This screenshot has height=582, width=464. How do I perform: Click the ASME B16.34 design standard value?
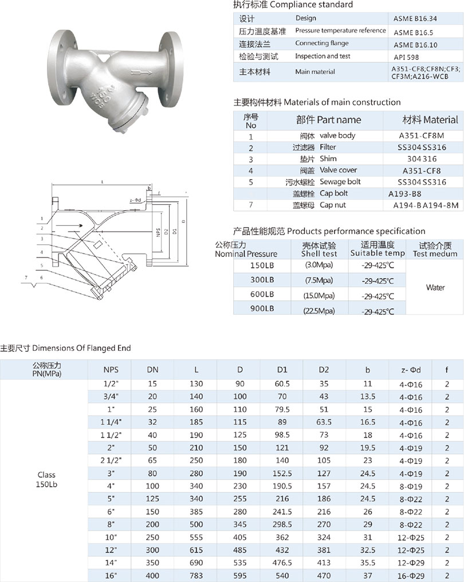coord(414,18)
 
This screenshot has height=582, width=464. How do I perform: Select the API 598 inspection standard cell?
coord(404,57)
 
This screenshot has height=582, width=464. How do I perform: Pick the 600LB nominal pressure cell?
coord(262,294)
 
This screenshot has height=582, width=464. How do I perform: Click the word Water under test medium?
coord(435,287)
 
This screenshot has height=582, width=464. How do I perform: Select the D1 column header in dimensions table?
coord(282,370)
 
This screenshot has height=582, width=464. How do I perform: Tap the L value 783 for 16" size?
coord(196,575)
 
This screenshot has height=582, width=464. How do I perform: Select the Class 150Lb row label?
coord(47,479)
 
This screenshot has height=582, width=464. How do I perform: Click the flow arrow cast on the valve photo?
coord(140,73)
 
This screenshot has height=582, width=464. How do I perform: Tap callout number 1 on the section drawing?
coord(43,218)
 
